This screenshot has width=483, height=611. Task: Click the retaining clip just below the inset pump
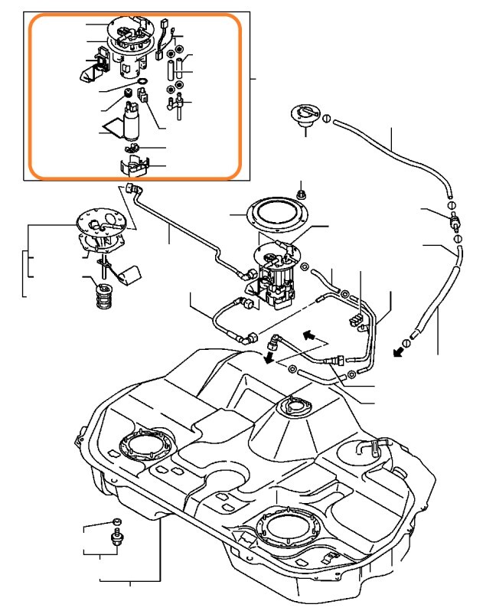[x=133, y=145]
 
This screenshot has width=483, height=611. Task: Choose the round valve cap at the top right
[x=305, y=118]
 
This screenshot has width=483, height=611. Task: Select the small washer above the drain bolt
[x=116, y=521]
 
